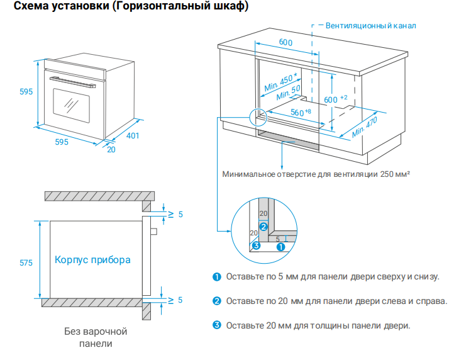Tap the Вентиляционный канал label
[370, 26]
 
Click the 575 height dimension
[26, 263]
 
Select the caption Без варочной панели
[96, 337]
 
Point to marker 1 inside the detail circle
[280, 247]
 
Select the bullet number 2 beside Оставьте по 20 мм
[216, 301]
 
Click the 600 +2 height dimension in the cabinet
[334, 100]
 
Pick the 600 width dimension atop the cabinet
[285, 42]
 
